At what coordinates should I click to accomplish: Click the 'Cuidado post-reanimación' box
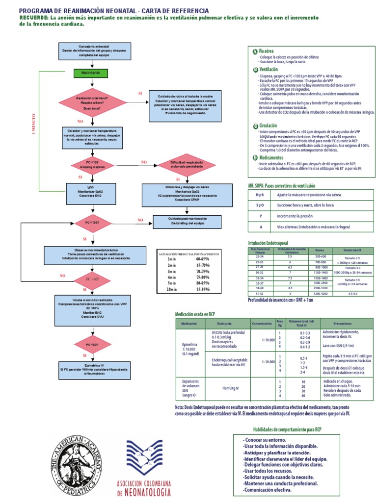coord(181,221)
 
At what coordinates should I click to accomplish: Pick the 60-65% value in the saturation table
coord(202,258)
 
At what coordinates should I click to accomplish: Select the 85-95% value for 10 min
coord(202,289)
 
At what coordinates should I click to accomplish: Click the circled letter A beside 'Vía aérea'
coord(254,51)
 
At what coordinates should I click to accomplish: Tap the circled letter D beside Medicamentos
coord(254,158)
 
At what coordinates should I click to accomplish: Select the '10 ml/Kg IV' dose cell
coord(230,388)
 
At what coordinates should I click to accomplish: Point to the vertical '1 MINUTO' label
coord(33,126)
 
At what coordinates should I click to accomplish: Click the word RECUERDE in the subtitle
coord(34,17)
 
